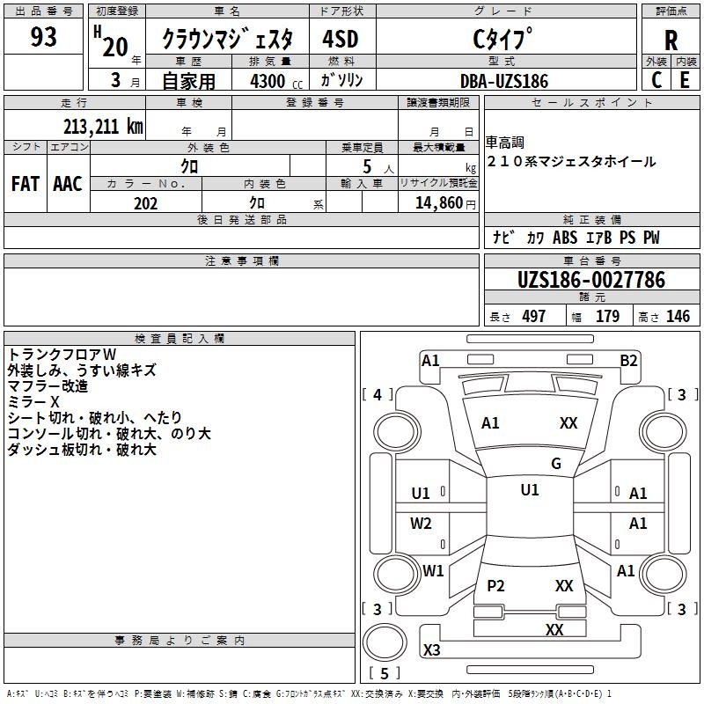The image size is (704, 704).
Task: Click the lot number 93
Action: (43, 38)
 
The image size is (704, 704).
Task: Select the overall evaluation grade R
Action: (671, 40)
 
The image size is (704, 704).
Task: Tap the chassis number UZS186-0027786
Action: (590, 281)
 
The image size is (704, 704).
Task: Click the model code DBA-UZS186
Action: (504, 81)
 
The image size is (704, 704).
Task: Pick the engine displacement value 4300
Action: (268, 81)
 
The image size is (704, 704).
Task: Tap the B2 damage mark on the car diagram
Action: (628, 360)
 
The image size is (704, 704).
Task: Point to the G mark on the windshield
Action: (556, 464)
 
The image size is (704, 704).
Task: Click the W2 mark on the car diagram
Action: (422, 524)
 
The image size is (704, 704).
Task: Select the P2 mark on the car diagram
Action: (495, 586)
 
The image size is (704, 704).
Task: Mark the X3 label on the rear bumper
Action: (432, 650)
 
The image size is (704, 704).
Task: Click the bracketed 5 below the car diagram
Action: (384, 674)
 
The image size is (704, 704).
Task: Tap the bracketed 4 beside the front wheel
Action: (378, 395)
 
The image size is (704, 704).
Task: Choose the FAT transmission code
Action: (26, 184)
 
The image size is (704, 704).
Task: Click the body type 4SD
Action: (341, 40)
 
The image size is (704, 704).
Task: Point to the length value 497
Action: (533, 317)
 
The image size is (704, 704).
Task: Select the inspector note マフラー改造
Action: (48, 385)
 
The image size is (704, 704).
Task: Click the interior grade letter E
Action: (685, 79)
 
